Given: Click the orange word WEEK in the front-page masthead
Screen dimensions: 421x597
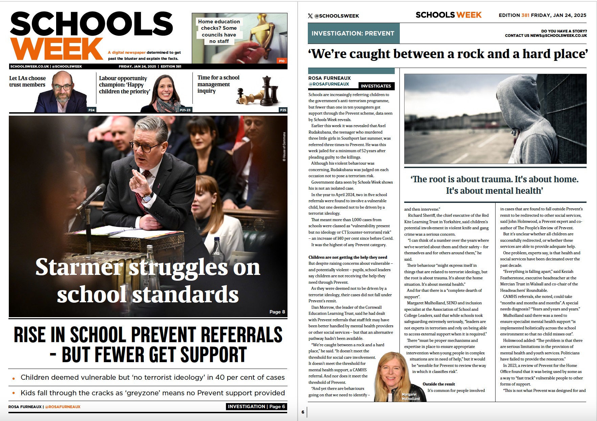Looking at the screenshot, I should point(56,49).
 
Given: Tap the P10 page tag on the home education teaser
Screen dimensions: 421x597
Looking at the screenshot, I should point(281,61).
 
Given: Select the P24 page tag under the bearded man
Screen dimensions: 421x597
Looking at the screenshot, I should point(91,110).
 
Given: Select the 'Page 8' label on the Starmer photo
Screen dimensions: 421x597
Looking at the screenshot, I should point(277,312).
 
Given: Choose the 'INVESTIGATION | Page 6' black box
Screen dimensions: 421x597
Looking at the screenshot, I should point(256,406).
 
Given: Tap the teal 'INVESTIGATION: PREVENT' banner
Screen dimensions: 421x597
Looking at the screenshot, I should point(353,33).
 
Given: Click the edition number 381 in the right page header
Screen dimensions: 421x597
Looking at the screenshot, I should point(525,15).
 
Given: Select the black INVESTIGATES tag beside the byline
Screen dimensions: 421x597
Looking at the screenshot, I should point(376,86).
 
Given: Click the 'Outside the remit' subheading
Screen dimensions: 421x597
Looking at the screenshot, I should point(439,384).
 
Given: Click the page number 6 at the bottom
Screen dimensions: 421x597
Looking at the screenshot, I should point(303,412).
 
